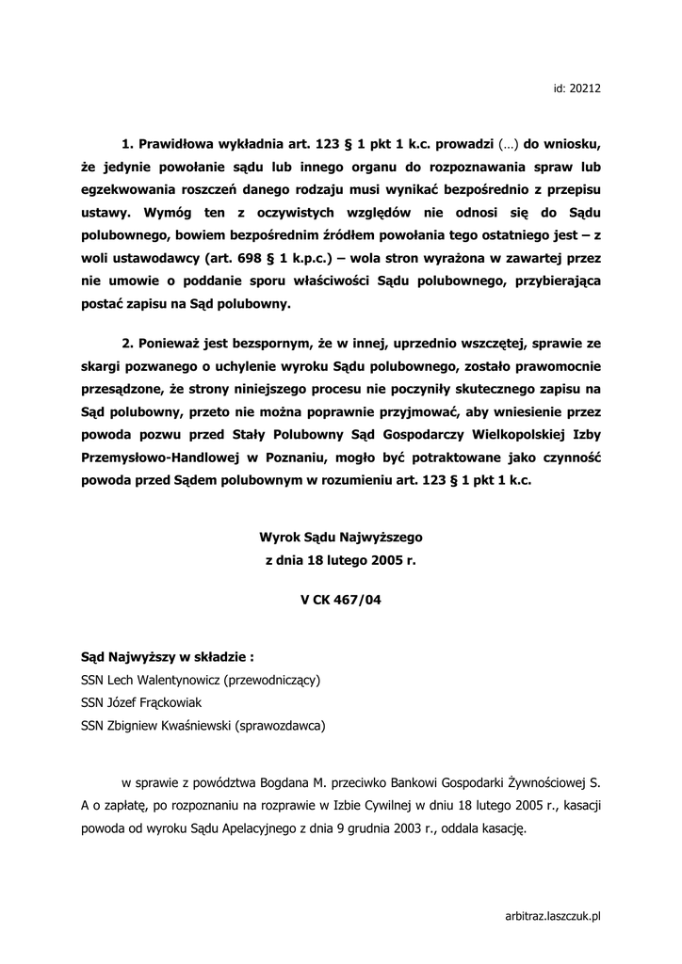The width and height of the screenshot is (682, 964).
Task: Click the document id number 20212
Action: point(587,88)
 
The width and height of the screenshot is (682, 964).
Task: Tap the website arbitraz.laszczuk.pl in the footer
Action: point(553,915)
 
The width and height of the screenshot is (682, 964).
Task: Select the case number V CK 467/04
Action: point(341,597)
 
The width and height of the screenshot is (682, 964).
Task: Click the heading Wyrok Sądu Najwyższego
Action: point(341,537)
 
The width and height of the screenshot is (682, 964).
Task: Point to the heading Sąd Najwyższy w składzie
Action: point(167,656)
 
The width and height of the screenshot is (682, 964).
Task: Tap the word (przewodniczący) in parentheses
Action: point(276,679)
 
